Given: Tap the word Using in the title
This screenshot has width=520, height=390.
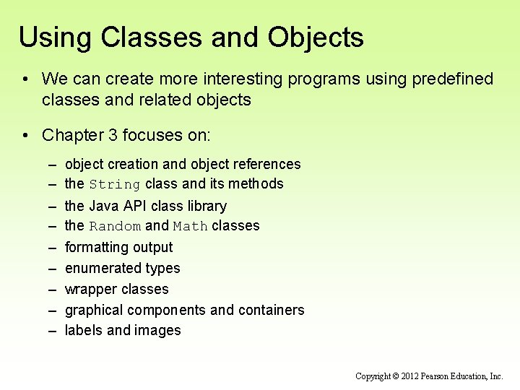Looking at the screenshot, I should click(x=52, y=38).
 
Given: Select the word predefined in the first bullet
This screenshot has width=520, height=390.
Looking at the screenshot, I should click(x=453, y=79).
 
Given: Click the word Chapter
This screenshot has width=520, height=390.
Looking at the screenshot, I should click(x=80, y=135).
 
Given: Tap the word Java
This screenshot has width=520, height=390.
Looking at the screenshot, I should click(x=104, y=206).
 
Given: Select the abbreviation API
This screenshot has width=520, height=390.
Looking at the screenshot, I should click(x=134, y=206).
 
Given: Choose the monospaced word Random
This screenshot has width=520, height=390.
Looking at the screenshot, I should click(x=115, y=227).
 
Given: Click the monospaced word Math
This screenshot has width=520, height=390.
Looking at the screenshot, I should click(x=190, y=227).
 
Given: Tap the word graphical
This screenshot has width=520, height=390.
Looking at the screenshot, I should click(x=94, y=310).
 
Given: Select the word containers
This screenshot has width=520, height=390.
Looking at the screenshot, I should click(x=272, y=310).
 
